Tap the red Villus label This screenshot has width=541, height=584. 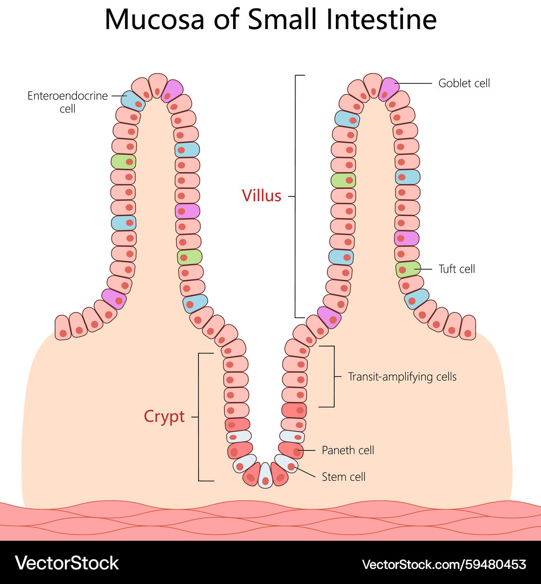[262, 195]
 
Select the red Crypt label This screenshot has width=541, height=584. [164, 416]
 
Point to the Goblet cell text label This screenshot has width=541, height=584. [464, 83]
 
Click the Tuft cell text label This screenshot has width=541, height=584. [457, 269]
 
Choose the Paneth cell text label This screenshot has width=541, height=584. [348, 450]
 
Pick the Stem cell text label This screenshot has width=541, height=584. [344, 476]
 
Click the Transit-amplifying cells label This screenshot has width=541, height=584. [403, 376]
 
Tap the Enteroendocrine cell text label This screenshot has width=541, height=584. [68, 102]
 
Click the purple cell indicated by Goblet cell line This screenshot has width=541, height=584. [388, 88]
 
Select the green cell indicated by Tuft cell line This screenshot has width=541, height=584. [408, 269]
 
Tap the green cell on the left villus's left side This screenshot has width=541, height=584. [123, 162]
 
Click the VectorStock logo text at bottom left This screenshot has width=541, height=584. [67, 563]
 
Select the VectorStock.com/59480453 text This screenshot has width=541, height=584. [444, 564]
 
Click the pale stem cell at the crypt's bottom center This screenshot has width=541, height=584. [265, 475]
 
